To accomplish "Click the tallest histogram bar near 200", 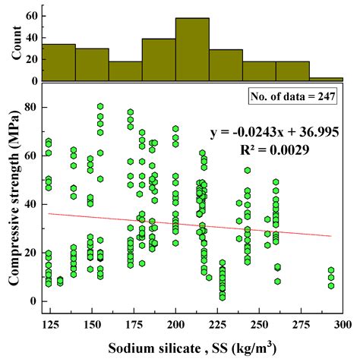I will pos(192,50).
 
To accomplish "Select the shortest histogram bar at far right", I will pos(326,78).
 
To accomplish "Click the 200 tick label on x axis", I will pos(175,323).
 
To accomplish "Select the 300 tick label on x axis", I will pos(343,323).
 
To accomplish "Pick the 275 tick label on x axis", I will pos(301,323).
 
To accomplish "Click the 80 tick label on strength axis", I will pos(30,107).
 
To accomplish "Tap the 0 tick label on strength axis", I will pos(33,301).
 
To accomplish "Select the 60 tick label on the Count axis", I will pos(30,15).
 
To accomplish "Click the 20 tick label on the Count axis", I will pos(30,58).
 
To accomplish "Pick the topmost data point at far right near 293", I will pos(331,270).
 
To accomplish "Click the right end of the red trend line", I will pos(331,236).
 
